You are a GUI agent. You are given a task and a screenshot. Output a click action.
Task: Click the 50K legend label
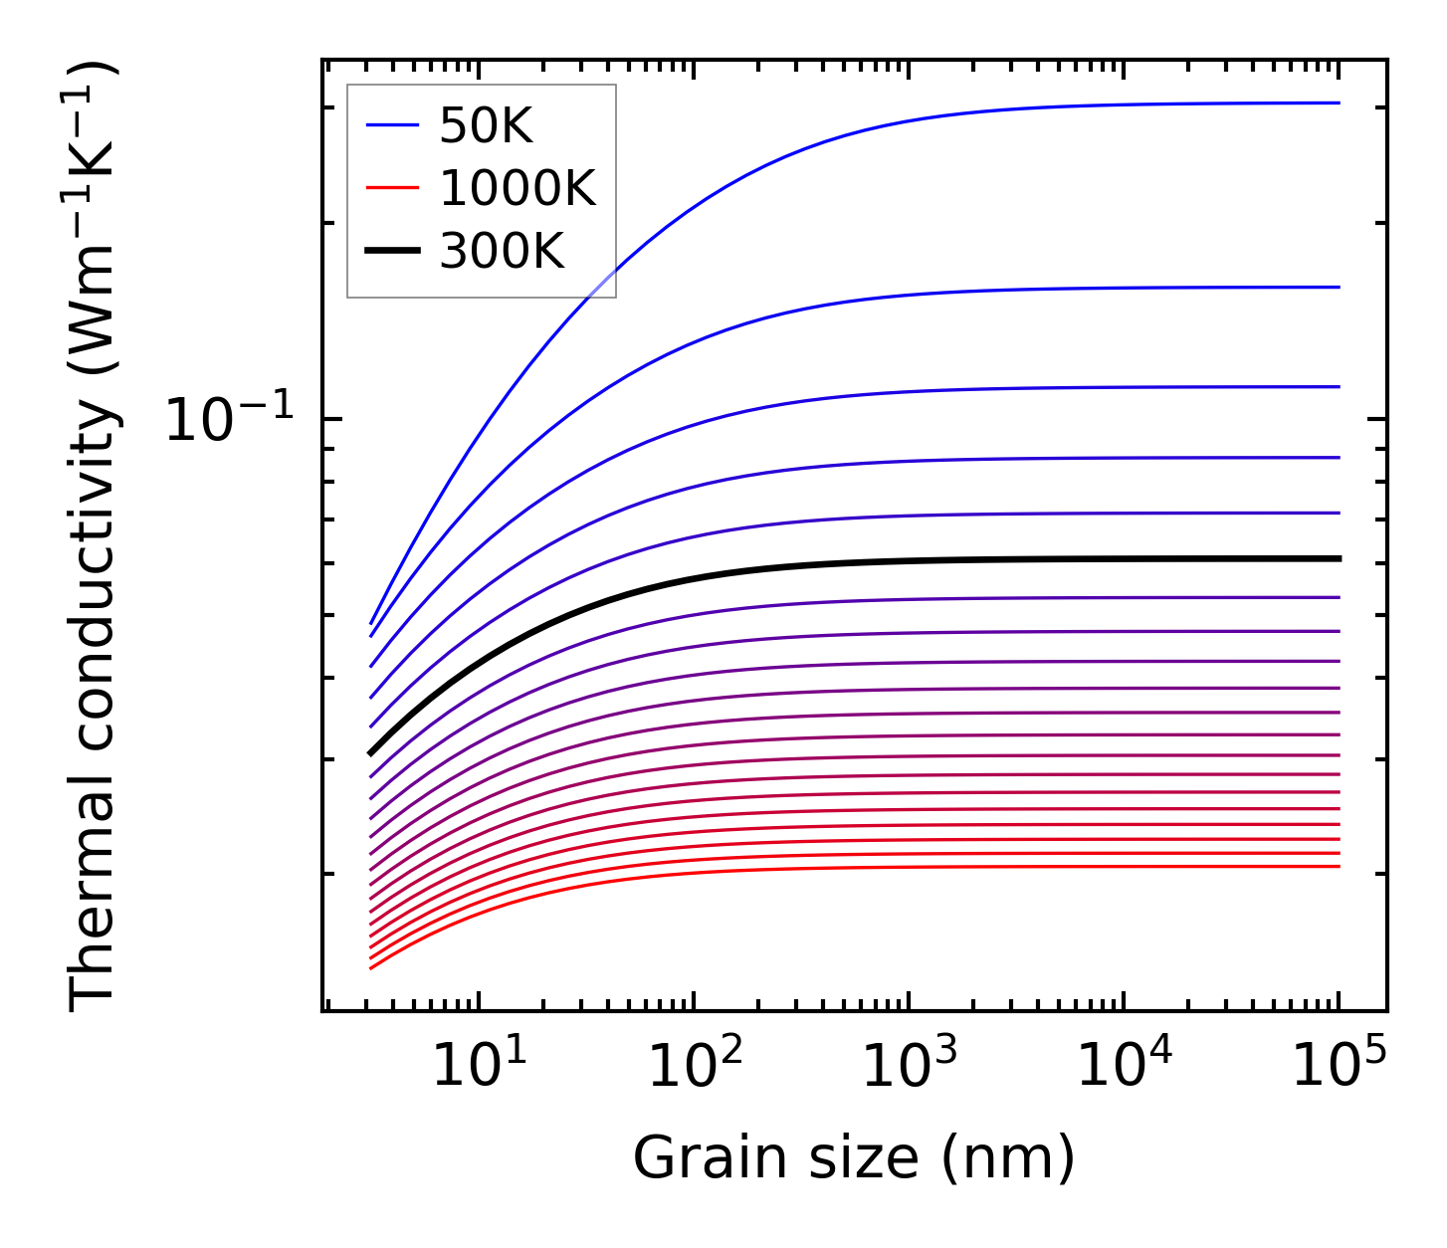(486, 126)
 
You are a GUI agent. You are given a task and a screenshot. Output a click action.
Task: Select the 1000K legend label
(517, 189)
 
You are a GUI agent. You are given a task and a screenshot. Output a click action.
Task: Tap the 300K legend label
(502, 252)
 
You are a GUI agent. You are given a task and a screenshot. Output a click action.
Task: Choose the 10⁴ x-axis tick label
(1124, 1068)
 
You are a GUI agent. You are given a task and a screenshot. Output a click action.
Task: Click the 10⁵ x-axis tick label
(1339, 1068)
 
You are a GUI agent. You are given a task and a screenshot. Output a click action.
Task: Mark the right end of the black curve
(1339, 558)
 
